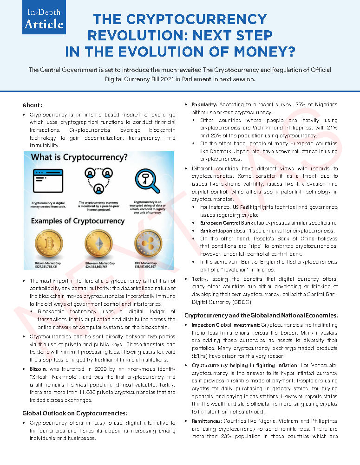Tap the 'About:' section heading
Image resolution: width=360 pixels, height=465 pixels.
coord(32,105)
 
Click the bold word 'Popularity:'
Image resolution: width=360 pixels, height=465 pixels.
coord(204,105)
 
